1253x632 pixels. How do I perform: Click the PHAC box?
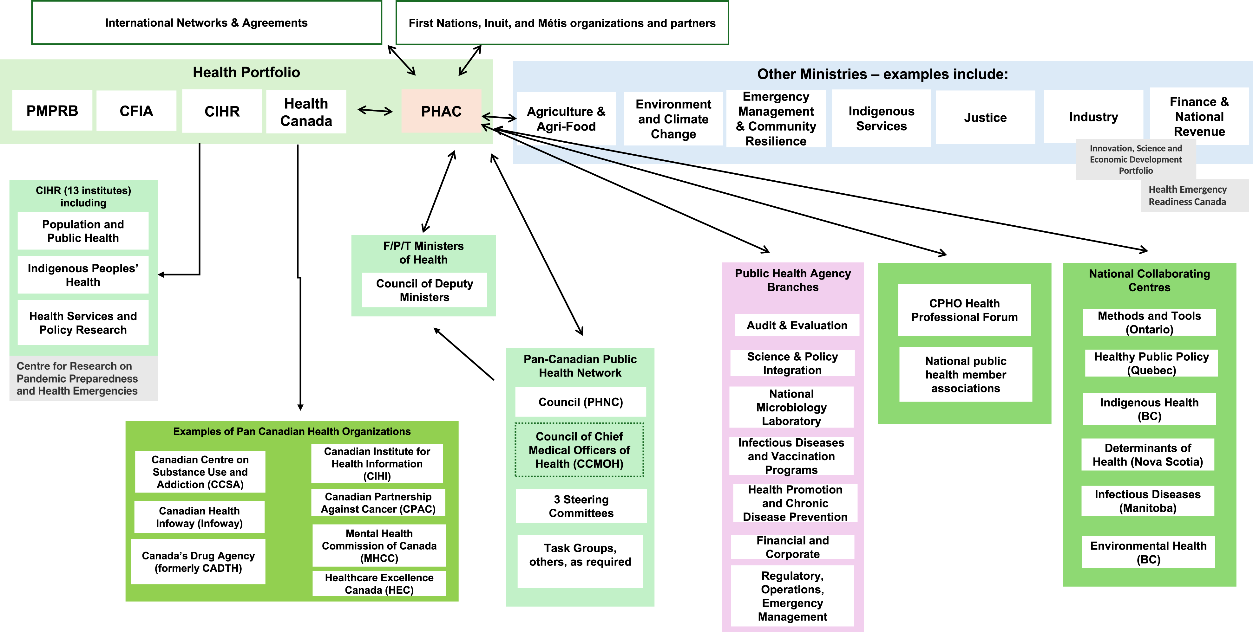[x=441, y=111]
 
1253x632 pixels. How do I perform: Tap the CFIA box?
[x=136, y=111]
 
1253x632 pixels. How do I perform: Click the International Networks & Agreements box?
[x=206, y=23]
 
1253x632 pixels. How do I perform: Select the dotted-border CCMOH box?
[x=579, y=450]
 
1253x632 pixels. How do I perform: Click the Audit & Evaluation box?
[x=797, y=325]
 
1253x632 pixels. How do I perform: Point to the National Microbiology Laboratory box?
[x=791, y=407]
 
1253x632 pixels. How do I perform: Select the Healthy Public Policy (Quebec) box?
[x=1151, y=363]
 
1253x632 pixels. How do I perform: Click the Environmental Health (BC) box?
[x=1148, y=552]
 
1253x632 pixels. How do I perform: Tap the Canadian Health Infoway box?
[x=200, y=517]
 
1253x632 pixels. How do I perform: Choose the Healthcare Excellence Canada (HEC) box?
[x=379, y=584]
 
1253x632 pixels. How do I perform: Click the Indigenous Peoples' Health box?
[x=83, y=275]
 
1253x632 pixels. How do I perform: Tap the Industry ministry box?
[x=1093, y=117]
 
